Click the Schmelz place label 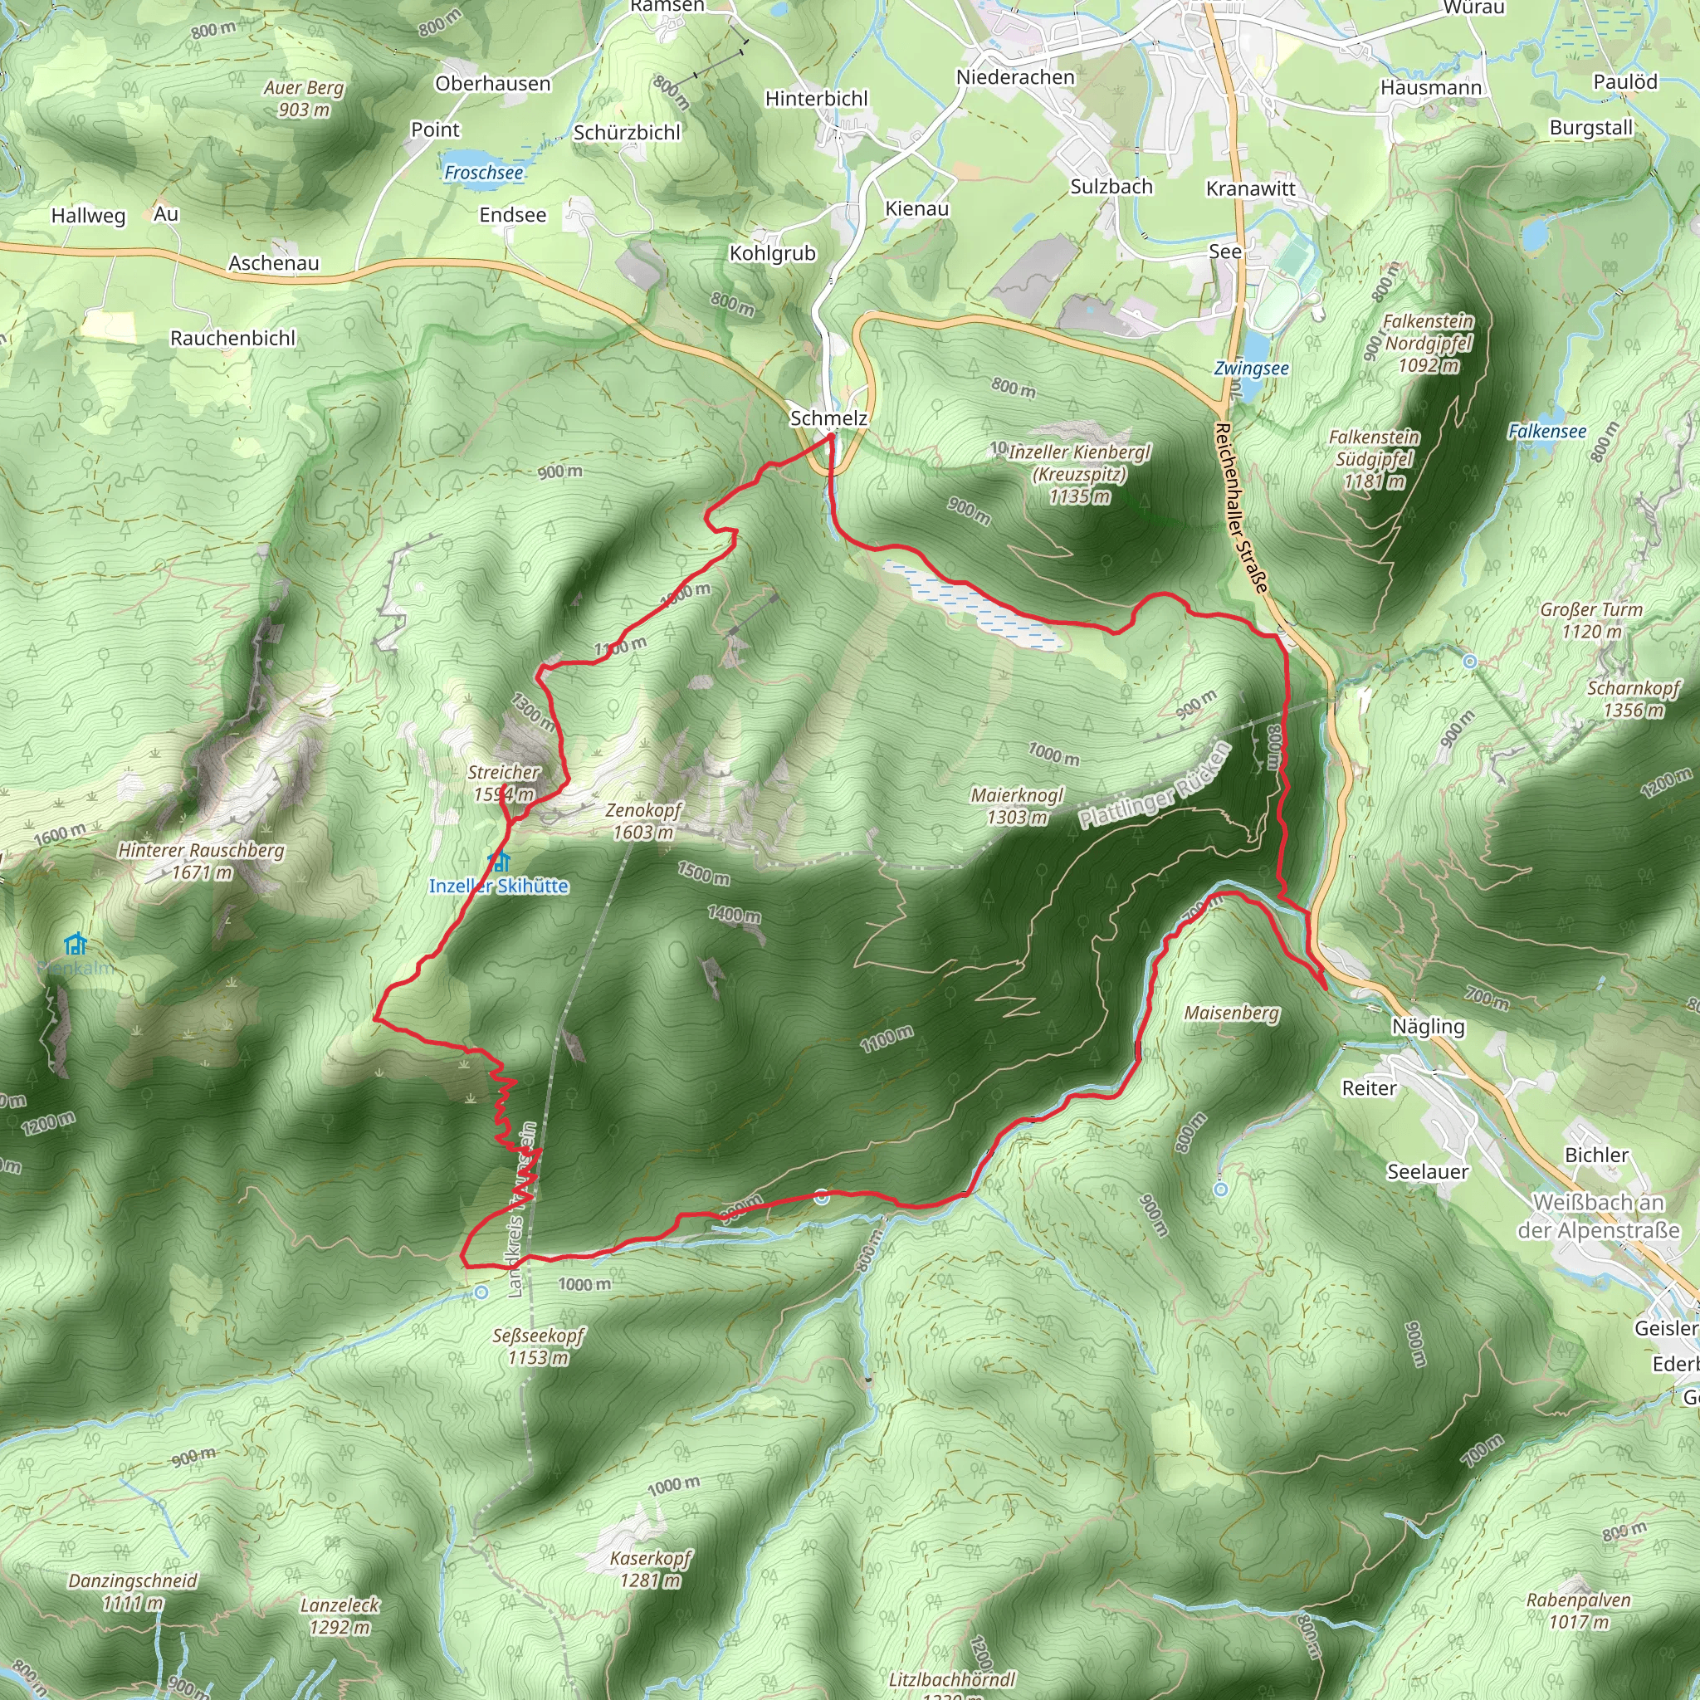click(x=828, y=418)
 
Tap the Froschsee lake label click(x=483, y=173)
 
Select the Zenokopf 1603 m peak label click(x=643, y=821)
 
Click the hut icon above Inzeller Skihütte click(x=500, y=861)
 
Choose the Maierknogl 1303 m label click(x=1016, y=806)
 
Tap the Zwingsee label click(x=1251, y=369)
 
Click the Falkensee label click(x=1547, y=431)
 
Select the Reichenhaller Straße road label click(x=1242, y=508)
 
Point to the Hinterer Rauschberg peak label click(x=202, y=861)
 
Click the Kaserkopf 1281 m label click(x=650, y=1569)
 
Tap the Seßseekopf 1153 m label click(x=538, y=1346)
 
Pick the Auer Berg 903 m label click(x=304, y=99)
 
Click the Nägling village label click(x=1428, y=1026)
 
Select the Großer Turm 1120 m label click(x=1591, y=620)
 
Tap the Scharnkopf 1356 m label click(x=1633, y=699)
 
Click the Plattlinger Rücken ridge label click(x=1155, y=786)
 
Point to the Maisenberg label click(x=1231, y=1013)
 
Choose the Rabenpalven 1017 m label click(x=1579, y=1610)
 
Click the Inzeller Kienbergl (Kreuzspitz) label click(x=1079, y=474)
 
